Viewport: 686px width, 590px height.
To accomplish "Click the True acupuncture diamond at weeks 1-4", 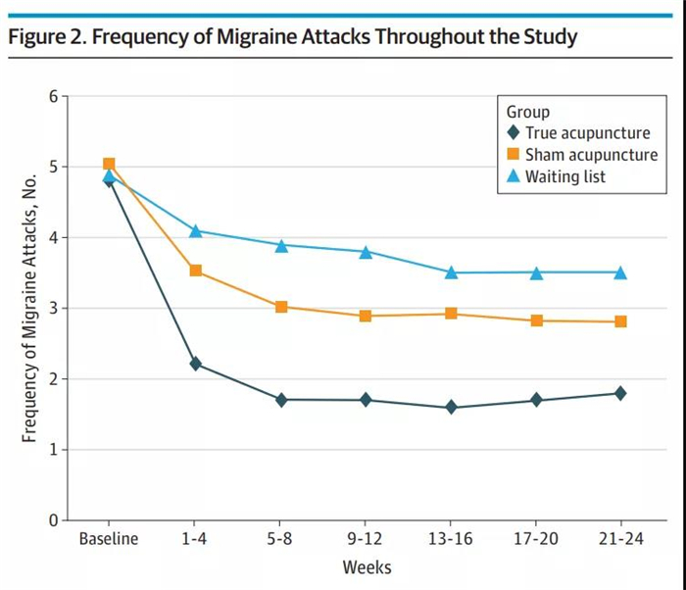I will pyautogui.click(x=195, y=364).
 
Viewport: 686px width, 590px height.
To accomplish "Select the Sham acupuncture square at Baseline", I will pyautogui.click(x=109, y=165).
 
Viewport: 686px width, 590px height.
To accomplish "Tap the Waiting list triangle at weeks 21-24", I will pyautogui.click(x=620, y=271).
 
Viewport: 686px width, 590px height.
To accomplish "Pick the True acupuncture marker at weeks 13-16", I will pyautogui.click(x=451, y=407).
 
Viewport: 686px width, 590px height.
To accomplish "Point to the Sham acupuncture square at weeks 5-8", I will pyautogui.click(x=281, y=307).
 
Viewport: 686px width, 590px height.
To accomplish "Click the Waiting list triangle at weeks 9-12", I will pyautogui.click(x=366, y=251).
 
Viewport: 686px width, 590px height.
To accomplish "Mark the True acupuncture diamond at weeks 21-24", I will pyautogui.click(x=620, y=393).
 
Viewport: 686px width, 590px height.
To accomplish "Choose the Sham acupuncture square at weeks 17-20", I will pyautogui.click(x=536, y=320).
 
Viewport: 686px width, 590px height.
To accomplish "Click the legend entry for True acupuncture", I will pyautogui.click(x=586, y=133).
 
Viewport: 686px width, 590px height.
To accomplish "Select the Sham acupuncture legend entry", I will pyautogui.click(x=591, y=155).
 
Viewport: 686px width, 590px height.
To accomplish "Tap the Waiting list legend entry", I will pyautogui.click(x=565, y=176).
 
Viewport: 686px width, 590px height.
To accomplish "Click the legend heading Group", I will pyautogui.click(x=528, y=112).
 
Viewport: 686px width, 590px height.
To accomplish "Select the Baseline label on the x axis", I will pyautogui.click(x=109, y=539).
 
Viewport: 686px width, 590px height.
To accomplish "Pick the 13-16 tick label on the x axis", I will pyautogui.click(x=451, y=539).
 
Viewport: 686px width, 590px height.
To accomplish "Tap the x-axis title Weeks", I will pyautogui.click(x=365, y=567).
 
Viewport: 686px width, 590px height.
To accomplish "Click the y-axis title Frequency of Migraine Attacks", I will pyautogui.click(x=31, y=308).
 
